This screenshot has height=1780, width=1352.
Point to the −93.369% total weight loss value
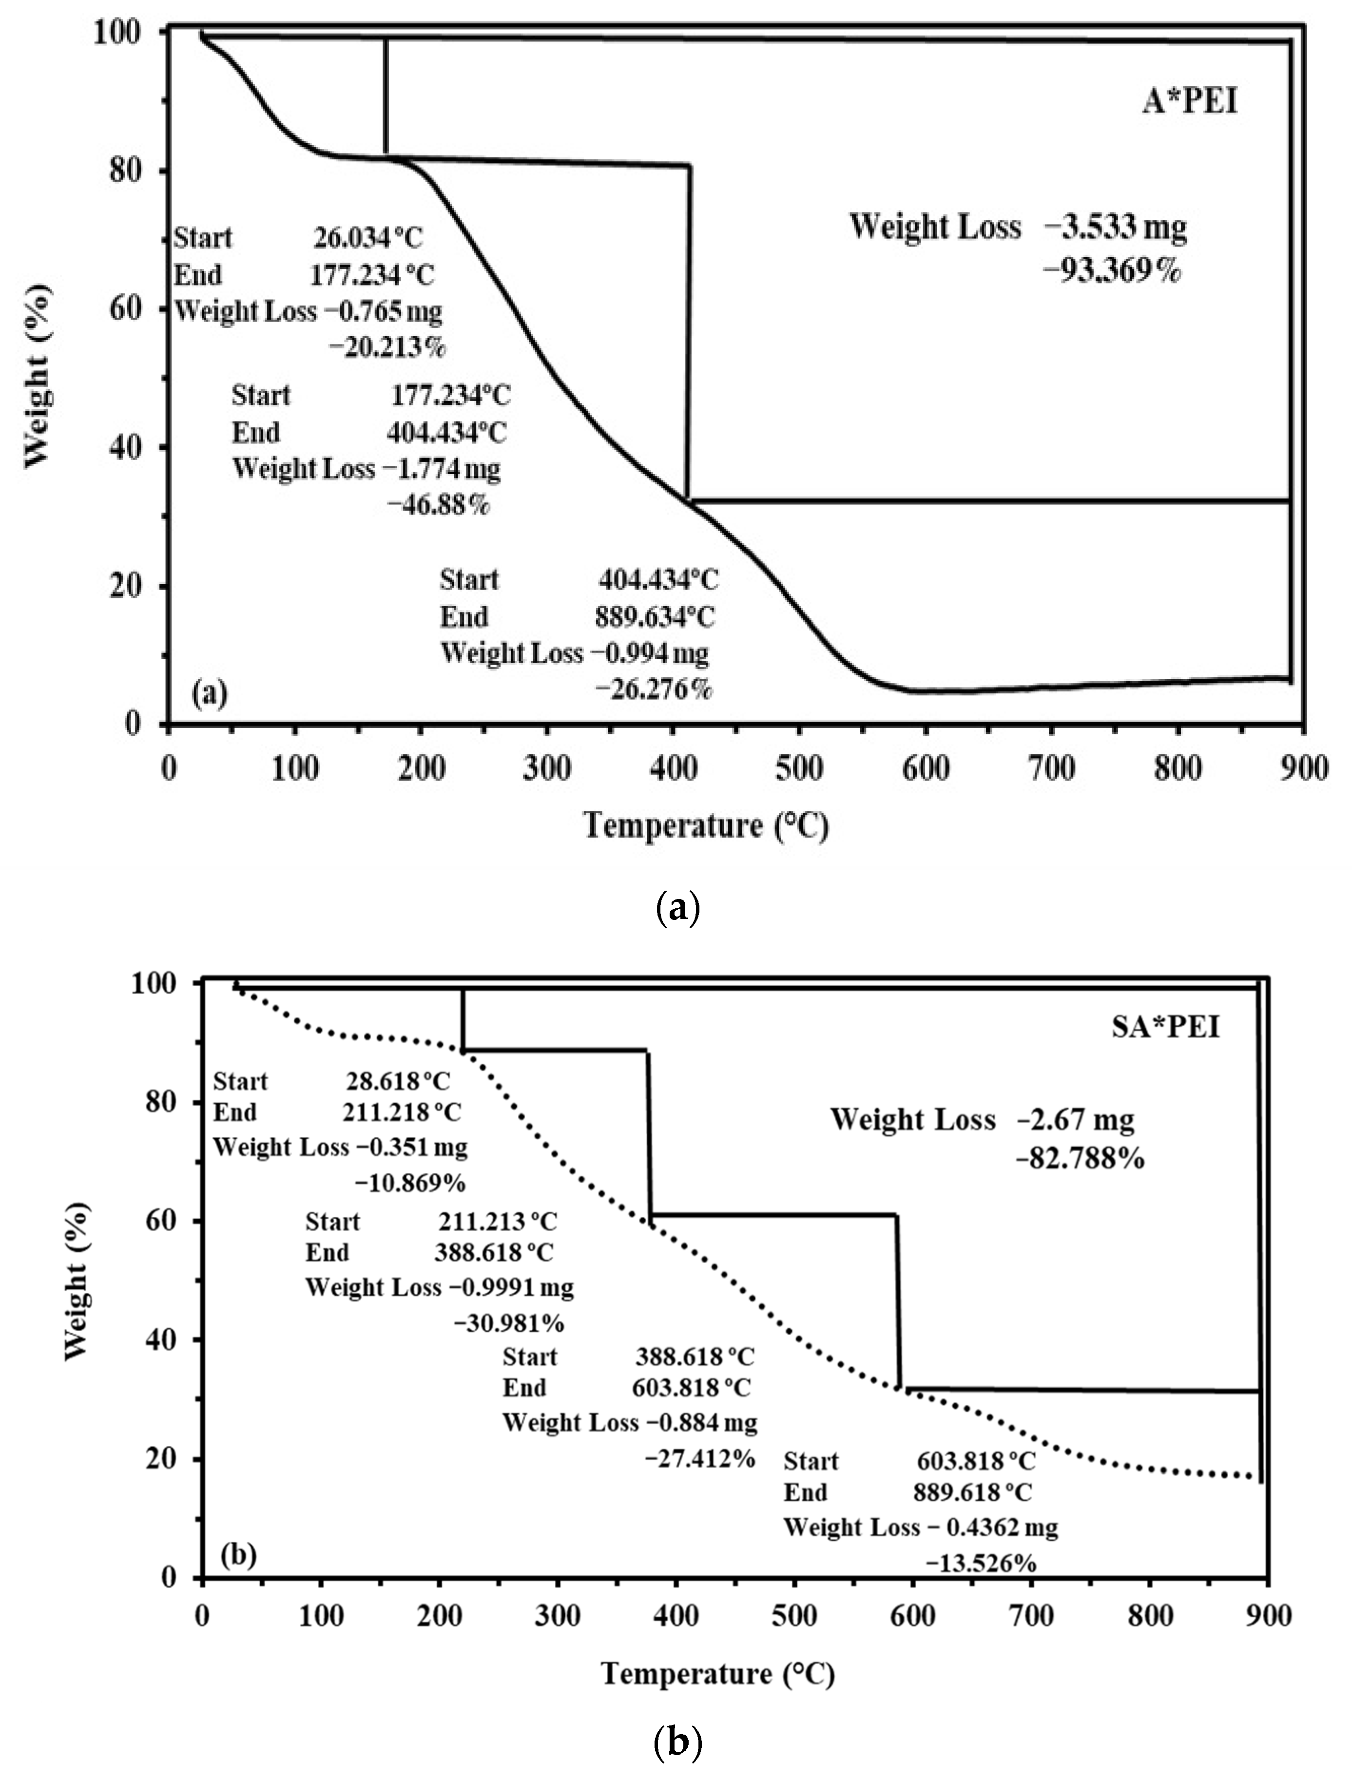[x=1112, y=271]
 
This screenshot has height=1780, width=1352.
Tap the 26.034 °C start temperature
[x=368, y=238]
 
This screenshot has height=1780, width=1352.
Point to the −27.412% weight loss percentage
[x=699, y=1457]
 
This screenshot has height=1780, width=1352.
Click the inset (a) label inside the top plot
[x=209, y=693]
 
